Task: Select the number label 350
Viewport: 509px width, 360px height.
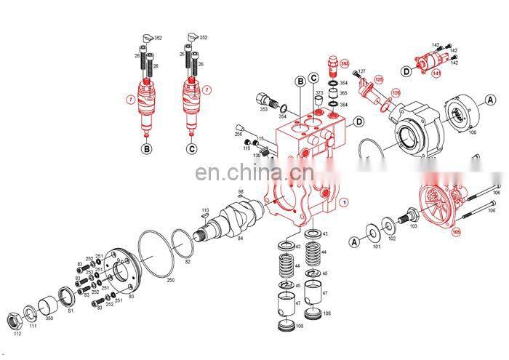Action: pos(49,318)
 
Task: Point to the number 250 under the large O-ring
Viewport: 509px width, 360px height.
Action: pos(170,279)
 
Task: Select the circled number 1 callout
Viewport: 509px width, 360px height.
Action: pos(344,201)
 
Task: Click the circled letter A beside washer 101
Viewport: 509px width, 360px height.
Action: pos(354,241)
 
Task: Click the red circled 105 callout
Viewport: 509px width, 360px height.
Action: pos(456,233)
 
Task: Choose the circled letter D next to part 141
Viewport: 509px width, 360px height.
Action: pos(405,71)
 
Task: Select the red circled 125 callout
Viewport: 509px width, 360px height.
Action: pos(378,79)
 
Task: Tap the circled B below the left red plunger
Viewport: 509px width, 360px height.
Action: pos(146,149)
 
